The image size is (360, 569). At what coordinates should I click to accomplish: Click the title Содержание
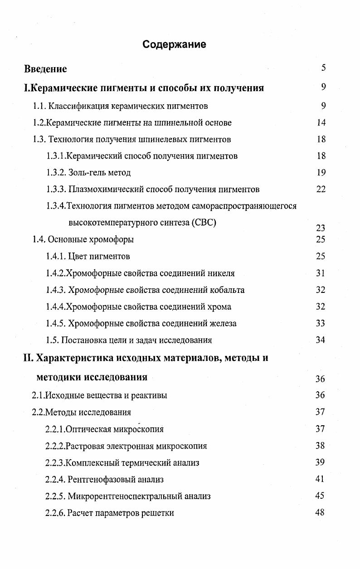click(174, 44)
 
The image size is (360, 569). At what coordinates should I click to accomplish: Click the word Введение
click(45, 69)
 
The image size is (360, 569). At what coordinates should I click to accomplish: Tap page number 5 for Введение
click(323, 68)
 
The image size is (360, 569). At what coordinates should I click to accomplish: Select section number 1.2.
click(39, 123)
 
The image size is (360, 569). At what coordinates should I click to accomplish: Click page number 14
click(321, 122)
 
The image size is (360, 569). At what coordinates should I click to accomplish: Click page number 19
click(321, 172)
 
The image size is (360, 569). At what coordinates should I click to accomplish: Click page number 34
click(321, 340)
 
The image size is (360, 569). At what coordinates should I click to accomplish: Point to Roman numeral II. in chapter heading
click(28, 358)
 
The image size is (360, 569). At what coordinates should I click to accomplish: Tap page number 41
click(320, 479)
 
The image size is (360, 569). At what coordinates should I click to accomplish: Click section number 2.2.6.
click(55, 513)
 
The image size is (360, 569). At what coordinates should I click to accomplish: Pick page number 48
click(320, 512)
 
